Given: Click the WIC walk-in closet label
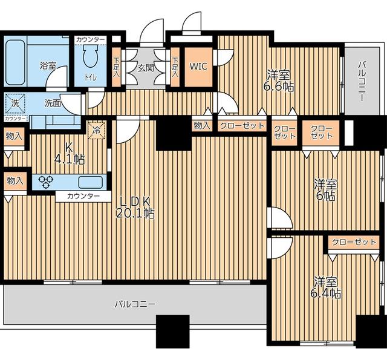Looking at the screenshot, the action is (x=198, y=66).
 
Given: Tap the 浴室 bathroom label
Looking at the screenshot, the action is (x=48, y=65).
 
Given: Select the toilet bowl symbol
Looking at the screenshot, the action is (x=91, y=56).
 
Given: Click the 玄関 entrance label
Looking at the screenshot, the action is (x=146, y=68).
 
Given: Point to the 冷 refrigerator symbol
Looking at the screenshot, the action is (x=97, y=130).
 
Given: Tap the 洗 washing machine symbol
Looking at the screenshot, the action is (x=15, y=103).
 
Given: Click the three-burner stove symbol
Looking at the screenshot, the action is (x=46, y=182).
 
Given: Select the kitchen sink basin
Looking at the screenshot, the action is (x=90, y=182).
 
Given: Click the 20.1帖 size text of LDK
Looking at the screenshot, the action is (x=135, y=214).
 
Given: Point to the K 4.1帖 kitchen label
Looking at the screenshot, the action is (x=70, y=154).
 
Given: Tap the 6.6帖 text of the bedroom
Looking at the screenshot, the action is (x=279, y=87).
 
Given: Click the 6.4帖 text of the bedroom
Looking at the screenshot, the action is (x=326, y=293).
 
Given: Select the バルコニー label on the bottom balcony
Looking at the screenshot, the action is (x=135, y=304).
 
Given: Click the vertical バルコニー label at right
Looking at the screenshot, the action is (x=362, y=82).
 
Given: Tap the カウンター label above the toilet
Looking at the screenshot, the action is (x=91, y=39).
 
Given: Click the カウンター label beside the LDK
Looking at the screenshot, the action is (x=83, y=197).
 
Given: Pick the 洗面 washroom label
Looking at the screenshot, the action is (x=53, y=103).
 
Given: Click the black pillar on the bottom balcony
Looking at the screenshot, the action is (x=173, y=332).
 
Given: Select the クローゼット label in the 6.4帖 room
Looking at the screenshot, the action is (x=354, y=242).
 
